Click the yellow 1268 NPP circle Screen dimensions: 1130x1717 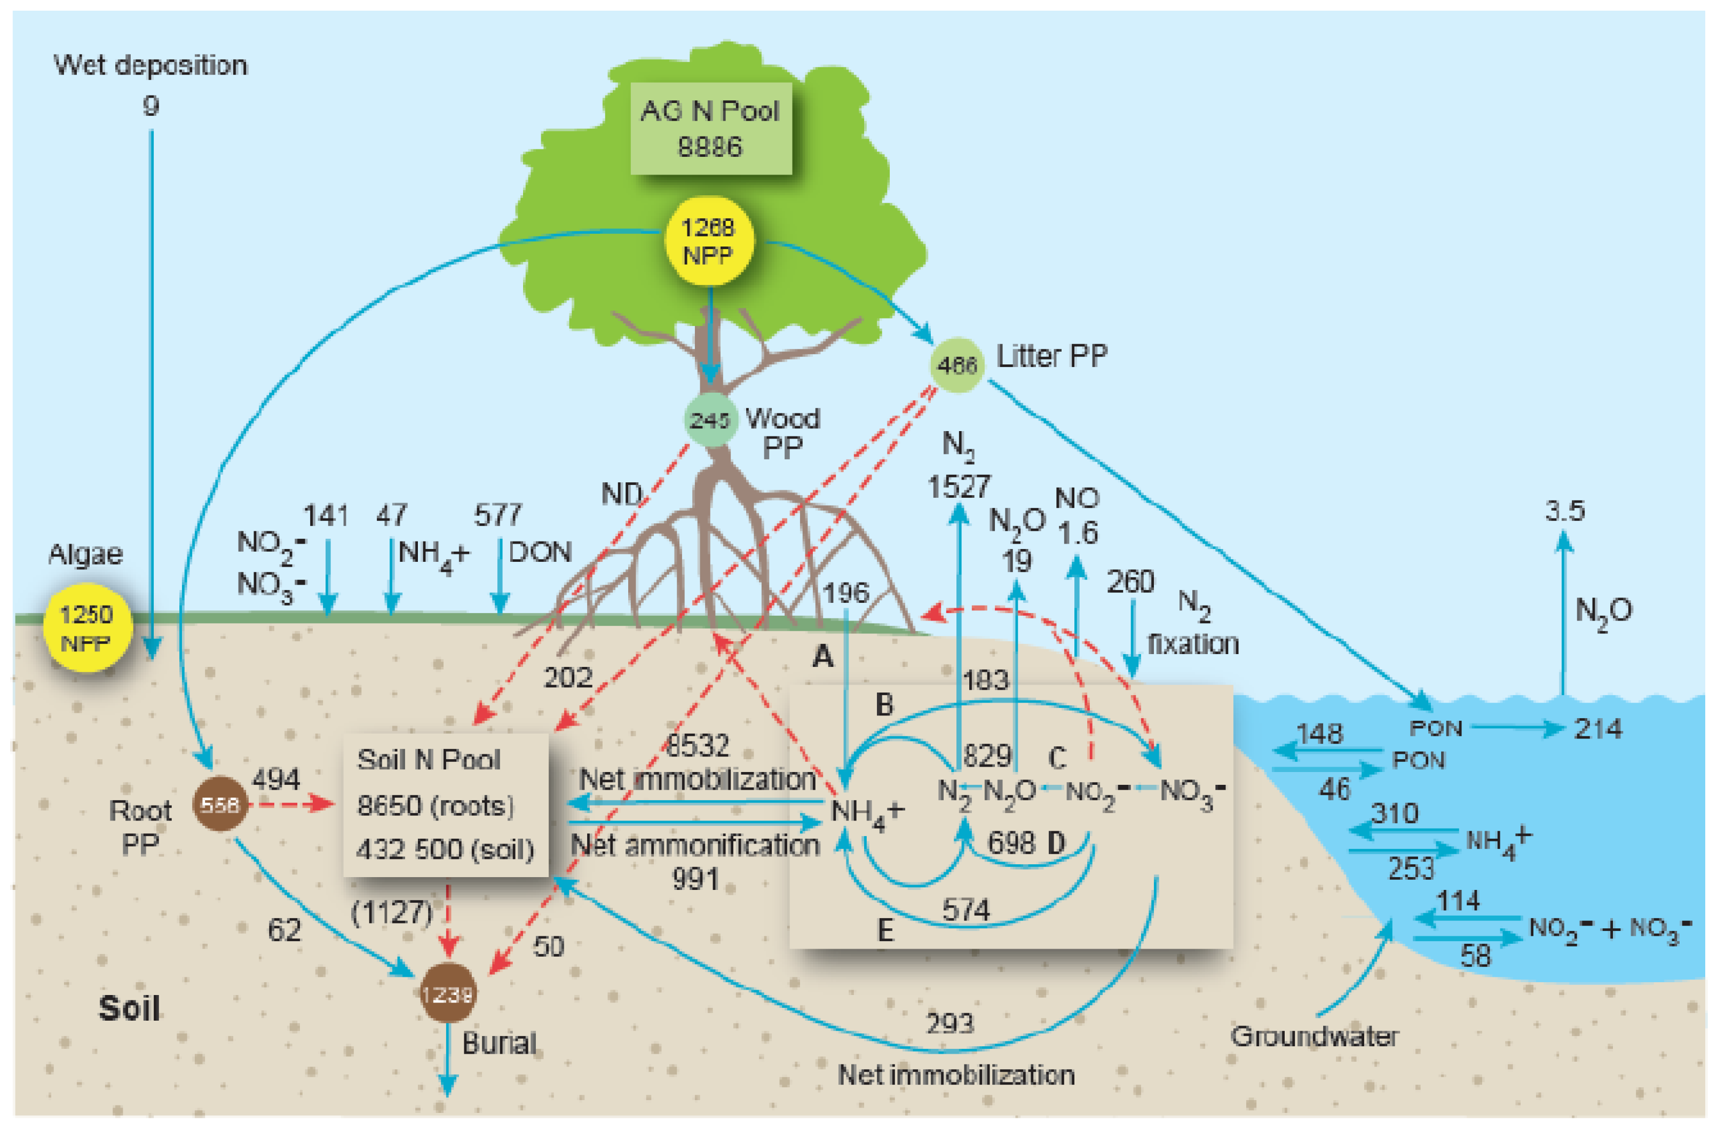click(x=708, y=241)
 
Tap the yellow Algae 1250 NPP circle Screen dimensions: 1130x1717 click(x=88, y=628)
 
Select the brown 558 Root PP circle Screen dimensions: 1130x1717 click(x=219, y=804)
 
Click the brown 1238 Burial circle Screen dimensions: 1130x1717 click(x=447, y=994)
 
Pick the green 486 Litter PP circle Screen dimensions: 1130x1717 click(x=956, y=365)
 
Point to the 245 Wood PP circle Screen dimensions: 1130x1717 click(x=710, y=420)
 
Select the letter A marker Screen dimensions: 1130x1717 click(x=823, y=657)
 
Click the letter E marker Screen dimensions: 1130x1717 click(x=885, y=930)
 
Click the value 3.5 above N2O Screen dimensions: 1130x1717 click(x=1564, y=511)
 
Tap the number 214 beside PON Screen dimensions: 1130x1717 click(x=1598, y=729)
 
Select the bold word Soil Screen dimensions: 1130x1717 click(x=129, y=1008)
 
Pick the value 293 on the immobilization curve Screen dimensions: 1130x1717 click(x=950, y=1023)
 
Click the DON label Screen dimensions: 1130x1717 click(x=540, y=552)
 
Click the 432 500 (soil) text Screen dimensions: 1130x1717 click(x=445, y=849)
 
